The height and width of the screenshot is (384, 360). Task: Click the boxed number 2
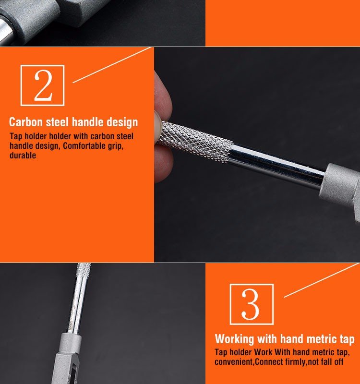coord(43,85)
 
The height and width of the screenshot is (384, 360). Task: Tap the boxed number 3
coord(252,304)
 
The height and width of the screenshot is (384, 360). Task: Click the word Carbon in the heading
coord(26,122)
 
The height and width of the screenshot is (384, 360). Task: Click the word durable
coord(23,155)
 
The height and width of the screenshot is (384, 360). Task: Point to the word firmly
coord(294,362)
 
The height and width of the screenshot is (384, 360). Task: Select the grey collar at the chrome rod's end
coord(340,182)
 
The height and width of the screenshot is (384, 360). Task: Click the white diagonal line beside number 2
coord(111,65)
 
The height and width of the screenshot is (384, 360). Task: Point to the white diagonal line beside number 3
coord(321,280)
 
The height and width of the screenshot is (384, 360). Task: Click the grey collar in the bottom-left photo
coord(71,343)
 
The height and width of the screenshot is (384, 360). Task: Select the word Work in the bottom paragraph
coord(263,352)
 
